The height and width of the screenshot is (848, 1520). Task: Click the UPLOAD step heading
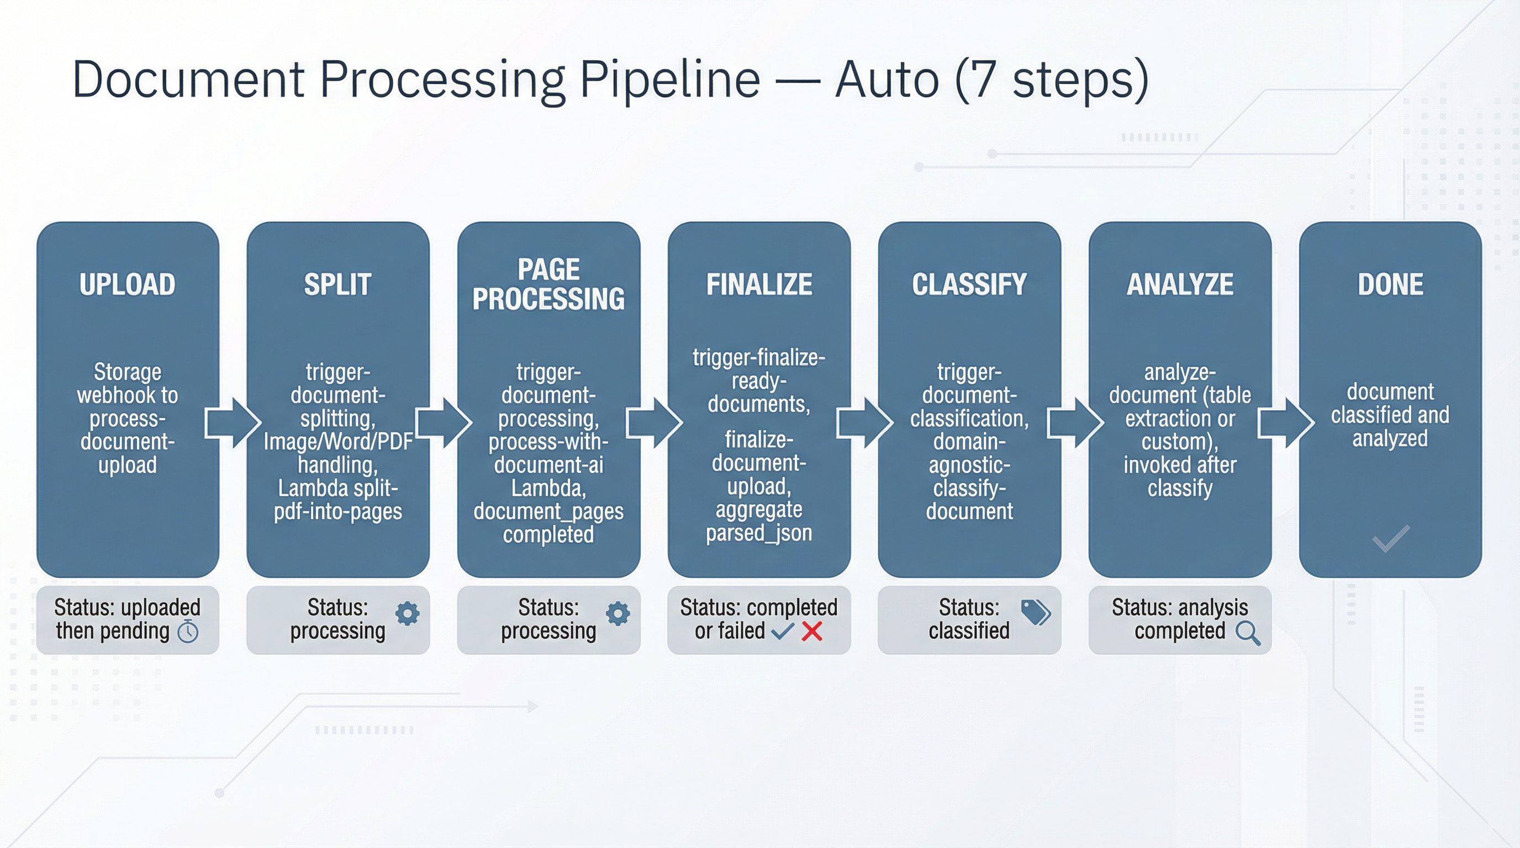tap(128, 284)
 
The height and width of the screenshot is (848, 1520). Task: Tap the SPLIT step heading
tap(337, 284)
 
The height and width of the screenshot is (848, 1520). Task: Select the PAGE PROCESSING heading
tap(548, 284)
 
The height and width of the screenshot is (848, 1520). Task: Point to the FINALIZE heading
tap(759, 284)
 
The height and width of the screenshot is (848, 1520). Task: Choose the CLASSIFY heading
tap(969, 284)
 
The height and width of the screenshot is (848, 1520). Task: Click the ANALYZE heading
tap(1180, 284)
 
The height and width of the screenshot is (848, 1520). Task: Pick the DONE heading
tap(1390, 284)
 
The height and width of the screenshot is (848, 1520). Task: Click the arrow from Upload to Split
tap(233, 422)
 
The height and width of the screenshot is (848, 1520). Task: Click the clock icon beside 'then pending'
tap(188, 632)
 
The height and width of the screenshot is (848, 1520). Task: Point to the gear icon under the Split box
tap(407, 613)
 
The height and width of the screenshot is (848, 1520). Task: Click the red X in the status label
tap(812, 632)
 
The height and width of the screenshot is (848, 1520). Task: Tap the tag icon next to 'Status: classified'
tap(1036, 612)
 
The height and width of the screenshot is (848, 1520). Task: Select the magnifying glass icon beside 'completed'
tap(1247, 633)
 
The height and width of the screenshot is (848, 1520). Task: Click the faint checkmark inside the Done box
tap(1391, 538)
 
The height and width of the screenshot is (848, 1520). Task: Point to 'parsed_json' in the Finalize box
tap(759, 533)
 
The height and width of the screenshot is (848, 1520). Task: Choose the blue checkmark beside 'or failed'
tap(783, 632)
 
